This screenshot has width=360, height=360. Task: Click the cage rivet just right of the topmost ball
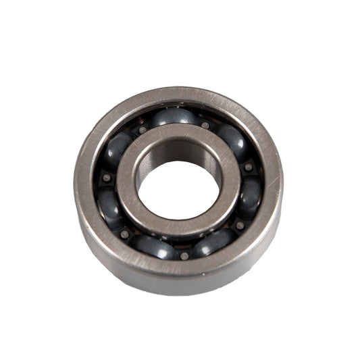coord(205,125)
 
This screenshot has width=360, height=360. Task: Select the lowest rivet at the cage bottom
coord(184,255)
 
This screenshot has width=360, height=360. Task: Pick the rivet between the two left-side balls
coord(106,178)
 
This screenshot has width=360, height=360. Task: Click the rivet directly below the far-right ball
coord(240,225)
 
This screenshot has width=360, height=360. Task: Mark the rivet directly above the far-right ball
coord(249,166)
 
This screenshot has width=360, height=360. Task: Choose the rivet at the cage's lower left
coord(124,234)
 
